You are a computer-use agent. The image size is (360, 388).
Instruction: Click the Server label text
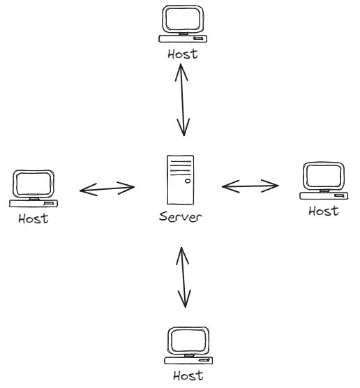tap(181, 217)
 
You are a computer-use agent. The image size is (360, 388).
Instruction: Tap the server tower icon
tap(181, 180)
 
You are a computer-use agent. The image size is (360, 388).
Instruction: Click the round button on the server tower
tap(188, 181)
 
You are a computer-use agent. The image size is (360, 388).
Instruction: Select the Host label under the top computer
tap(183, 54)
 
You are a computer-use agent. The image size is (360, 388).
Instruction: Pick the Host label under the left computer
tap(33, 218)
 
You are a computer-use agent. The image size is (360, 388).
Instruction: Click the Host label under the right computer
tap(324, 211)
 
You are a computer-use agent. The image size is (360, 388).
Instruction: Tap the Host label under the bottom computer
tap(188, 375)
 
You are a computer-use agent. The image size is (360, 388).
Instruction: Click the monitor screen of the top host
tap(183, 19)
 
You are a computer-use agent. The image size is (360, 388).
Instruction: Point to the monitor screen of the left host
tap(33, 184)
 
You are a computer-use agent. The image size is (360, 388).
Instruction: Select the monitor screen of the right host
tap(324, 176)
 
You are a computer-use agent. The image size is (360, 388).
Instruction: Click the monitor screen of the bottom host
tap(188, 341)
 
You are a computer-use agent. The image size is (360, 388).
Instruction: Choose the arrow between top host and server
tap(182, 100)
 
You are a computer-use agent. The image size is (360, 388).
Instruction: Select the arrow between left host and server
tap(107, 189)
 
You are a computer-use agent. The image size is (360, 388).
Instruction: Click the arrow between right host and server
tap(250, 186)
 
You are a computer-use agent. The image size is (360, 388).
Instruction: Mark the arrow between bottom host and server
tap(183, 277)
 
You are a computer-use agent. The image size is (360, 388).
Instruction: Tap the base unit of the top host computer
tap(183, 39)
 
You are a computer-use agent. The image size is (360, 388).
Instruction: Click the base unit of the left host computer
tap(33, 203)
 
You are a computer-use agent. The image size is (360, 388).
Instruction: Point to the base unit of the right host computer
tap(324, 195)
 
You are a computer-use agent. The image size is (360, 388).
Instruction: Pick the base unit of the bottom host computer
tap(188, 361)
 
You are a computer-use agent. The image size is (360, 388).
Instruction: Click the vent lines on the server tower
tap(181, 168)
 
